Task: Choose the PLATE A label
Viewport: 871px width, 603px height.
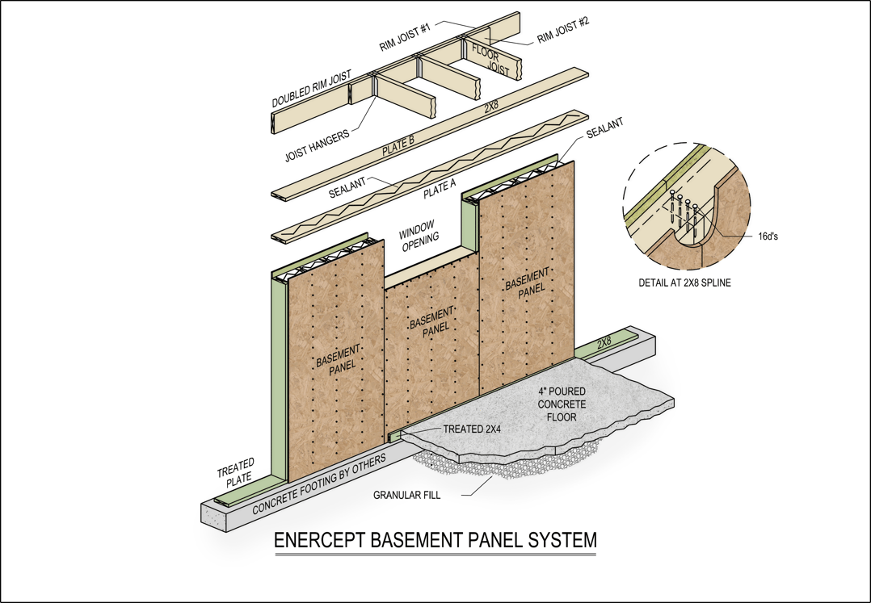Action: [x=440, y=188]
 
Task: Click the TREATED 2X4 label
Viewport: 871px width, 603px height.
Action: [x=472, y=429]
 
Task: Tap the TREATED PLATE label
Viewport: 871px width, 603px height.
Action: [x=235, y=477]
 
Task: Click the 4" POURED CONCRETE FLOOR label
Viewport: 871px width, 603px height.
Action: [x=562, y=408]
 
